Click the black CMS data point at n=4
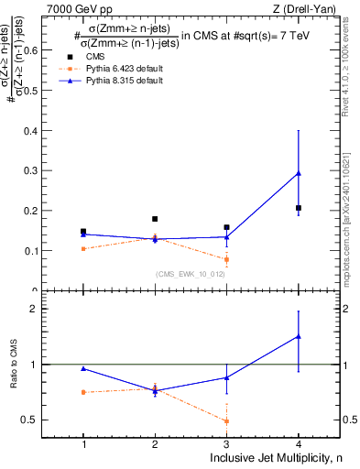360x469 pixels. tap(299, 209)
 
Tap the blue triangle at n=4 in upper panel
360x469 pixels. tap(299, 173)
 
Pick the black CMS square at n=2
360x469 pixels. tap(155, 219)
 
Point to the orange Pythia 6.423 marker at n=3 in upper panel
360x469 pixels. tap(226, 259)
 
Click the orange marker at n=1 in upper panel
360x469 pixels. tap(83, 249)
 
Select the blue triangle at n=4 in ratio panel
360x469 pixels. tap(299, 336)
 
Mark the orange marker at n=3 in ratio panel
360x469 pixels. tap(226, 421)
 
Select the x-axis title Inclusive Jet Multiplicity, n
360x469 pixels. tap(274, 458)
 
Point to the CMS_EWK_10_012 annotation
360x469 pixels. tap(184, 274)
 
